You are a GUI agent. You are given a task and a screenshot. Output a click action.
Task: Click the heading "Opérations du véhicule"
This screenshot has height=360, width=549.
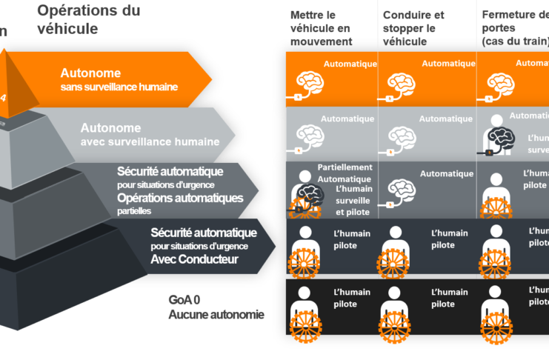(x=88, y=19)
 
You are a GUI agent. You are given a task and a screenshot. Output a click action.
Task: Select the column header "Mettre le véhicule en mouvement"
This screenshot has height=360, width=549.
(x=321, y=28)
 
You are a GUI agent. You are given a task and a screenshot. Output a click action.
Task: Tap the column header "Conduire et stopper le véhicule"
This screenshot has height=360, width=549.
(x=413, y=28)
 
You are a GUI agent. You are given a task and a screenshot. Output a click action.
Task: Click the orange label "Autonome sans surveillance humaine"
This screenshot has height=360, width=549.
(x=119, y=80)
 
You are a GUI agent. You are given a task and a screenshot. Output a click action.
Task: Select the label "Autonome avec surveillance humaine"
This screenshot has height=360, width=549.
(x=150, y=134)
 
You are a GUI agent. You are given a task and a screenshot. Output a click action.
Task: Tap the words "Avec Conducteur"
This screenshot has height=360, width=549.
(x=193, y=259)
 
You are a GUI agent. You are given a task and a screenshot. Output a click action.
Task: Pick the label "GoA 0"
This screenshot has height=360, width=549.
(x=185, y=299)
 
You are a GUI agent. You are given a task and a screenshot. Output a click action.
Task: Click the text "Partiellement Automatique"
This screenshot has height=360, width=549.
(x=345, y=173)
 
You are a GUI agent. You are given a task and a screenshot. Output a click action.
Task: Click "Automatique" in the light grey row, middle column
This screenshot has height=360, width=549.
(x=446, y=119)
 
